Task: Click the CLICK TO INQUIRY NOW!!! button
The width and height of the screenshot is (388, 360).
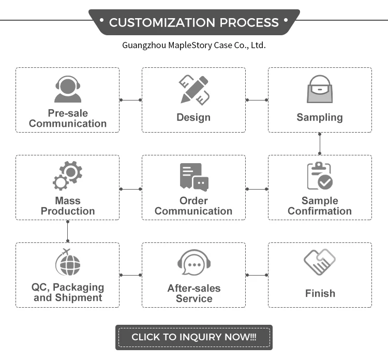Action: (x=193, y=337)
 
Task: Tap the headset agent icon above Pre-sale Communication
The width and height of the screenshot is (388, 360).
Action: (x=67, y=90)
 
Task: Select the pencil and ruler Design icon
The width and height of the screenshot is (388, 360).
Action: (x=194, y=89)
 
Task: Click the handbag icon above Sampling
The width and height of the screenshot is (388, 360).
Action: (x=319, y=89)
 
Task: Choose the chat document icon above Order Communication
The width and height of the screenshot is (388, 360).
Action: (x=193, y=177)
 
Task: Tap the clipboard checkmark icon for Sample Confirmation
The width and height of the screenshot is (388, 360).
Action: (x=320, y=176)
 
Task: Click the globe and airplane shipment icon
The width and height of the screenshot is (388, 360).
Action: (x=68, y=263)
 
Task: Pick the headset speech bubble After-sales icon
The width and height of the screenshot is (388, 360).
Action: (x=194, y=264)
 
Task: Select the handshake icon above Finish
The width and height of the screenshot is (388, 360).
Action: (x=319, y=262)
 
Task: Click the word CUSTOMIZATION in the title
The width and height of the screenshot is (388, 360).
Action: (x=162, y=22)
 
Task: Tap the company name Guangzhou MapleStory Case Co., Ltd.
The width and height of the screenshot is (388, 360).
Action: (x=193, y=45)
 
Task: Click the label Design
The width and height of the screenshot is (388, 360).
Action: (x=193, y=118)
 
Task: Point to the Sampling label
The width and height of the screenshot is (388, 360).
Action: (x=320, y=118)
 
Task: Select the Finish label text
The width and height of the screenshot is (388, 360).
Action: (x=320, y=293)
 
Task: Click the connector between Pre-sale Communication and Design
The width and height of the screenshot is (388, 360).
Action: (x=130, y=100)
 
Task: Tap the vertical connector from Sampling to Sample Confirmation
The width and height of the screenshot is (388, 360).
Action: (x=320, y=143)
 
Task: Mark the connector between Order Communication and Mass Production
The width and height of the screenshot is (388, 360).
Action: (x=130, y=189)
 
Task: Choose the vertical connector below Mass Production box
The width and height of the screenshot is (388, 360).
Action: (x=68, y=231)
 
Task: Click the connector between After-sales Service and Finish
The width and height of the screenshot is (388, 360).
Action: (x=257, y=275)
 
